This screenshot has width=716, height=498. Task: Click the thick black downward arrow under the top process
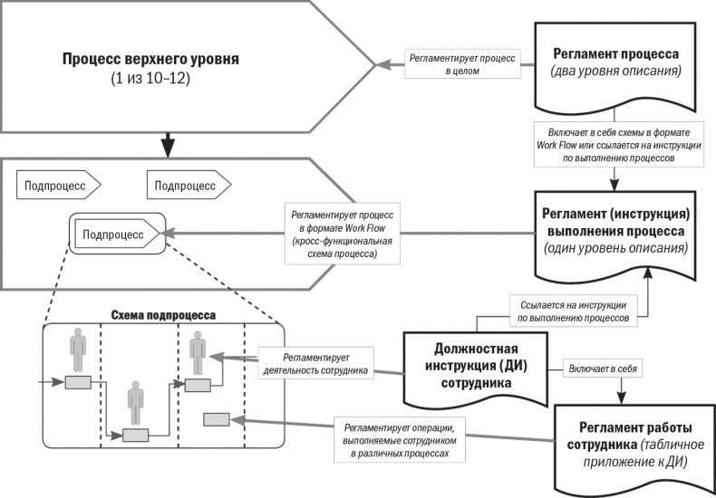coord(165,143)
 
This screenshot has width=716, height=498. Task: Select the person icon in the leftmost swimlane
coord(77,350)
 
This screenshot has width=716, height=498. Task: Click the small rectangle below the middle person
coord(136,435)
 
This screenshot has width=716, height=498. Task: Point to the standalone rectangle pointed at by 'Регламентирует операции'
coord(217,419)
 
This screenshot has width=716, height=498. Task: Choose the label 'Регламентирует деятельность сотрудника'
coord(312,363)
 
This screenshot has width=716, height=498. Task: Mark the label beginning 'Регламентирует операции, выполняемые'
coord(396,436)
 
